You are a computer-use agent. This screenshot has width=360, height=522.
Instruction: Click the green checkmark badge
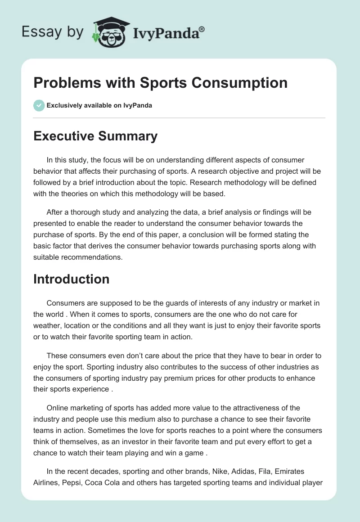pyautogui.click(x=39, y=105)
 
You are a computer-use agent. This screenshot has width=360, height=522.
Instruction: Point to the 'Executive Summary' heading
pyautogui.click(x=95, y=136)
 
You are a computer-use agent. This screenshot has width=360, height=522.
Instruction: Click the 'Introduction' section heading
pyautogui.click(x=71, y=279)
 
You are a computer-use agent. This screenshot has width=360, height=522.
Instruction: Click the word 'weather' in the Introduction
pyautogui.click(x=47, y=325)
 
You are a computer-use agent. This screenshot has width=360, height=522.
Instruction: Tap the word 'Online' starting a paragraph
pyautogui.click(x=58, y=408)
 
